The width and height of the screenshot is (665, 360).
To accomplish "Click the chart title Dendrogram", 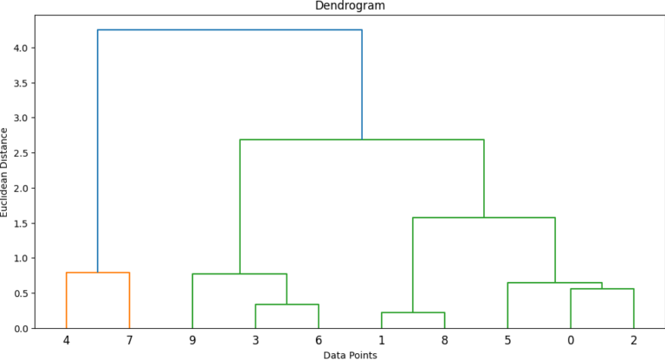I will (x=350, y=5).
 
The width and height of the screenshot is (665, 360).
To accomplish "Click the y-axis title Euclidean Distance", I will (x=5, y=172).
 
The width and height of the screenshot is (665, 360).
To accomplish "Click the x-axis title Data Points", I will (x=350, y=355).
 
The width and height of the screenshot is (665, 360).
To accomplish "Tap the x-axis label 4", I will (x=66, y=340).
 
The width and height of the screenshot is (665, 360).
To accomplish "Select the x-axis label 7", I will (x=129, y=340).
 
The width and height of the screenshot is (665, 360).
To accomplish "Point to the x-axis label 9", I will (x=192, y=340).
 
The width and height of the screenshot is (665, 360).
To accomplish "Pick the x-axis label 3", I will (x=255, y=340).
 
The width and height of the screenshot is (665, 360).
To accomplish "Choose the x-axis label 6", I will (x=319, y=340).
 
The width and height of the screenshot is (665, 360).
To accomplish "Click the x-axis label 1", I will (x=382, y=340).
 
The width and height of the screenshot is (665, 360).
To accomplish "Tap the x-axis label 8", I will (x=445, y=340).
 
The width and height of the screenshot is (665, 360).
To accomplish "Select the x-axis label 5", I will (x=507, y=340).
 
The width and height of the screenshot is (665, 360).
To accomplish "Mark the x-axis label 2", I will (x=634, y=340).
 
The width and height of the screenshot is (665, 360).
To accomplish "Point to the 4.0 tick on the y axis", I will (x=23, y=48).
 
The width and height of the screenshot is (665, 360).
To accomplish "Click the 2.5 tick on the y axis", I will (x=23, y=153).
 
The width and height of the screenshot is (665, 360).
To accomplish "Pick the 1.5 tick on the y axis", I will (x=23, y=223).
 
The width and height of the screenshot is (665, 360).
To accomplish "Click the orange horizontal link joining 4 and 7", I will (x=97, y=273).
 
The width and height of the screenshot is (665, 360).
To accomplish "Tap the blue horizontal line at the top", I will (x=229, y=30).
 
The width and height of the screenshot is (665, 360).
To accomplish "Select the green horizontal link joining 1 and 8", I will (x=413, y=312).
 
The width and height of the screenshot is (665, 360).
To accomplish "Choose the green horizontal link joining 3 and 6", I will (x=287, y=305).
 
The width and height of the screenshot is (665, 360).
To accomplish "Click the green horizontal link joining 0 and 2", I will (x=602, y=289).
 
